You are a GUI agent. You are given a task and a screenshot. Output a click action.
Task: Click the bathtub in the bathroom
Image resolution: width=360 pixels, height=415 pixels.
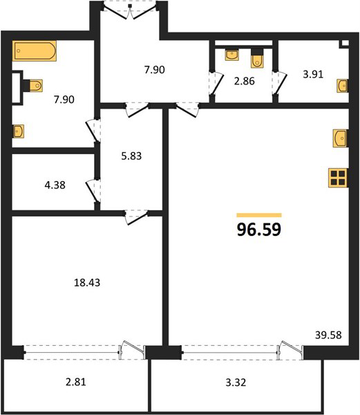point(35,50)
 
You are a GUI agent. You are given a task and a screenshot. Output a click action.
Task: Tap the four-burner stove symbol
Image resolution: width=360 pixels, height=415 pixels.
point(338,178)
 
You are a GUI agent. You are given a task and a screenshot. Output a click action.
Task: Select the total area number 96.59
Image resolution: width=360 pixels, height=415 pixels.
point(259,230)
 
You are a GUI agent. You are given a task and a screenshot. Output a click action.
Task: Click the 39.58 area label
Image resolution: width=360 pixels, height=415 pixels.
point(328,335)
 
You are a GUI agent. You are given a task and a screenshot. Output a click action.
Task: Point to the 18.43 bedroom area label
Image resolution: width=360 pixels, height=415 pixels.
point(87,283)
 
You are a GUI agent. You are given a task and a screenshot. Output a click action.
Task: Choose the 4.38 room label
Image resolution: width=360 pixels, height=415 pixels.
point(55,185)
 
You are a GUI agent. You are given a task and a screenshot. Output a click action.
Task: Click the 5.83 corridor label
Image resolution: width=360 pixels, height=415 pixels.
point(131,156)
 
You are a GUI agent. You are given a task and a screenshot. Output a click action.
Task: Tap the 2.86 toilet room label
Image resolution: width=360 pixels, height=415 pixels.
point(245,81)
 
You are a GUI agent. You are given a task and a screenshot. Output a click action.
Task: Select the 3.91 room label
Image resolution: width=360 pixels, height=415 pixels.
point(313,75)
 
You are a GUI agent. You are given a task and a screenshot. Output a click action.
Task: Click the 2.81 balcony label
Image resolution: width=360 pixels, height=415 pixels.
point(76,382)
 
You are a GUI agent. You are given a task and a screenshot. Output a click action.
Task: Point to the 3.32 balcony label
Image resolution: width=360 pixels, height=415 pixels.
point(236,382)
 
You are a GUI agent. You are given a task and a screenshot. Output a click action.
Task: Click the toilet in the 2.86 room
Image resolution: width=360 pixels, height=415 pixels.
point(258,59)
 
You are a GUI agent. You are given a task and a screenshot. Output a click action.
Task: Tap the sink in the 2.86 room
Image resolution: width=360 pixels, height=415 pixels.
point(231,55)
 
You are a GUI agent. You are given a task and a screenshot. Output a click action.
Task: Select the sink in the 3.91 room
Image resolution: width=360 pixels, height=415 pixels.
point(343,86)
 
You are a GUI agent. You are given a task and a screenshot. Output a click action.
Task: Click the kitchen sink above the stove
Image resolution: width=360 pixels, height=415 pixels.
point(341,138)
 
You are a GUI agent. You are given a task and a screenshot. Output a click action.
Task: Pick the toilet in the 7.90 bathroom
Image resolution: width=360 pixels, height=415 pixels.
point(33,85)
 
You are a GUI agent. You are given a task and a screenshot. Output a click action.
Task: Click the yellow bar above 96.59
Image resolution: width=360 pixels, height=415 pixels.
point(259,215)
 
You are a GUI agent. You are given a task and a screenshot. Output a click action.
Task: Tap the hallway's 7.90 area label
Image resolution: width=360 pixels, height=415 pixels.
point(155,70)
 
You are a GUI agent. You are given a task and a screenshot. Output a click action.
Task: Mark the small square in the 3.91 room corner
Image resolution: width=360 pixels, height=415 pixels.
point(345,43)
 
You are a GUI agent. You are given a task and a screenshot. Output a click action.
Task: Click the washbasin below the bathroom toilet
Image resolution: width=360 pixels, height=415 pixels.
point(18,131)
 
